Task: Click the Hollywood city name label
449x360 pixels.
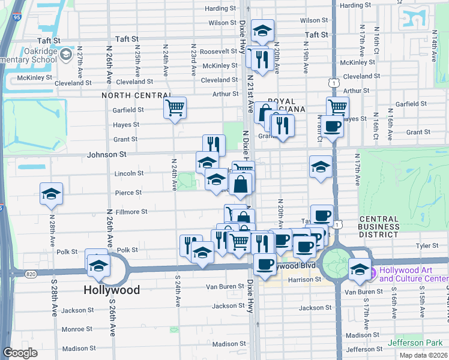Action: click(x=111, y=290)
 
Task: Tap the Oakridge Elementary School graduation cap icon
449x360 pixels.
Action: click(x=65, y=55)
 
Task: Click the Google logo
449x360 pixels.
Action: click(x=20, y=352)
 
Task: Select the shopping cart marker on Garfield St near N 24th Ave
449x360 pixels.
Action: click(x=175, y=108)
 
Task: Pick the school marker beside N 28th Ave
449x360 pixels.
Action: click(x=51, y=193)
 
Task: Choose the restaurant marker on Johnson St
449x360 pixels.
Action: click(x=213, y=144)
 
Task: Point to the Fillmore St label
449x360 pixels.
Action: click(x=131, y=212)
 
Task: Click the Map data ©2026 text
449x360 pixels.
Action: click(x=423, y=355)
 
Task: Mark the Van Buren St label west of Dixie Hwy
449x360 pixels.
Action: click(x=227, y=286)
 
